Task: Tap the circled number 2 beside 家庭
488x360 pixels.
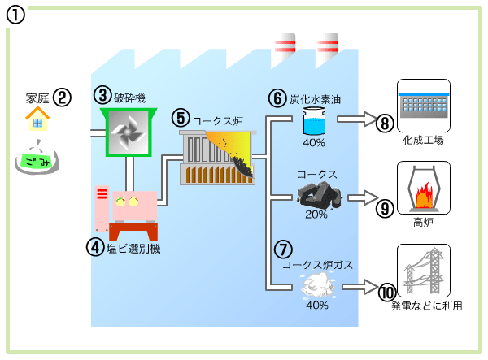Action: [x=63, y=98]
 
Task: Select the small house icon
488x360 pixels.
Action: [x=36, y=120]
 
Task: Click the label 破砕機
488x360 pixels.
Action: [x=129, y=98]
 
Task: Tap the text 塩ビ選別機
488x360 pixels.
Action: [x=133, y=249]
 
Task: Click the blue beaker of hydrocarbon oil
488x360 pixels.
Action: [x=313, y=123]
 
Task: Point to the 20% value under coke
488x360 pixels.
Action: [x=316, y=215]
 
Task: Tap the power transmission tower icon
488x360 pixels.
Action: [x=422, y=271]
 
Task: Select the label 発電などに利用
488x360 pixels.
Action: [x=426, y=306]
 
